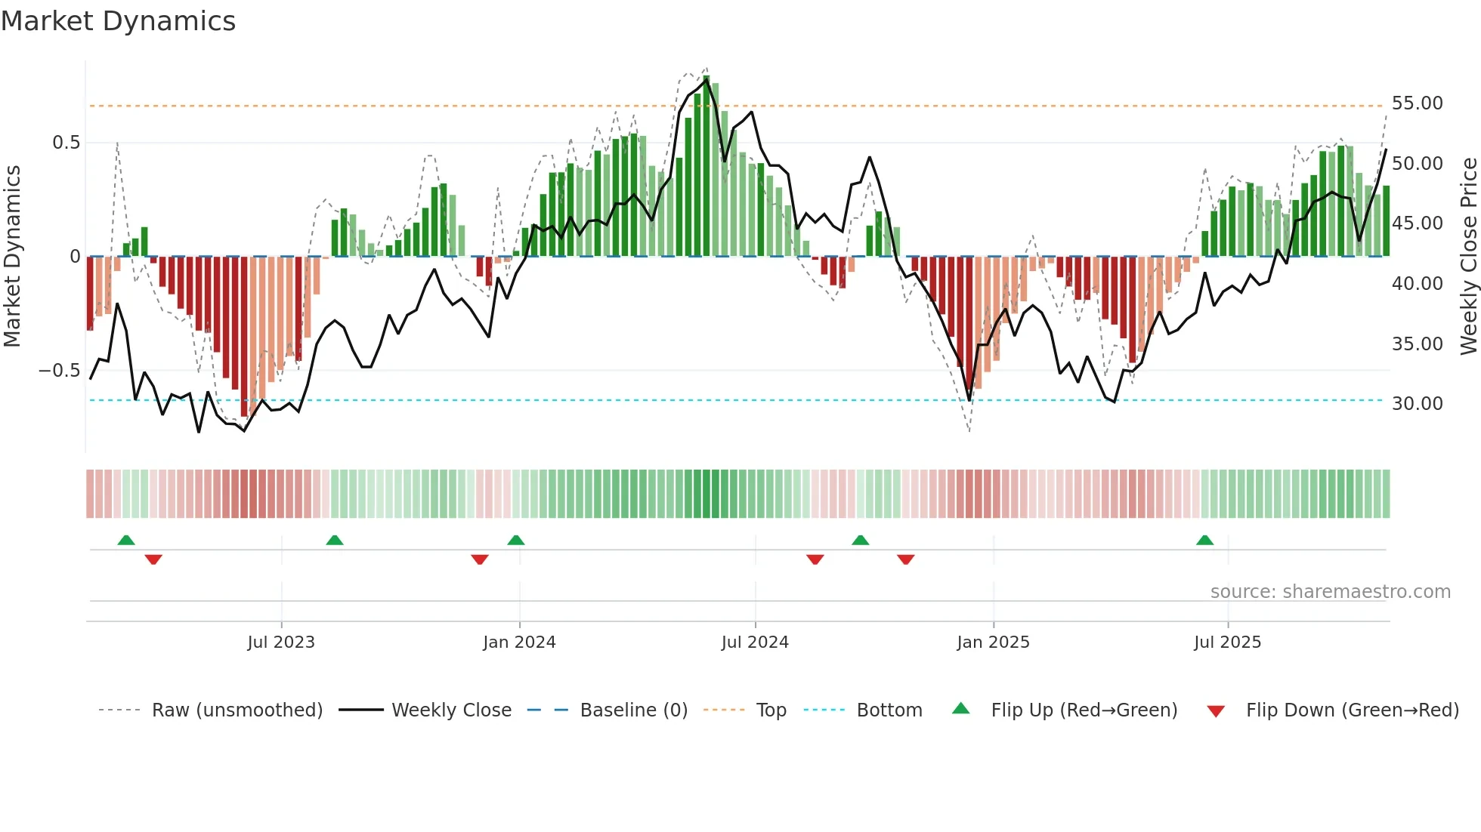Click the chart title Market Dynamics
coord(119,21)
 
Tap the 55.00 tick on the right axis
coord(1417,103)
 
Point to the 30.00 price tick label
coord(1417,404)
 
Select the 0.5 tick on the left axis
coord(66,143)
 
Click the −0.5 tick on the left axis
coord(60,371)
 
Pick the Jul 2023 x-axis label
coord(281,642)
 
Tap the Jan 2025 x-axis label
coord(993,642)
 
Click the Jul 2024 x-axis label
coord(755,642)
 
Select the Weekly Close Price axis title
coord(1468,257)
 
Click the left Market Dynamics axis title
coord(12,257)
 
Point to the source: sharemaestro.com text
coord(1330,592)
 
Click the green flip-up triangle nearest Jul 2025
coord(1204,541)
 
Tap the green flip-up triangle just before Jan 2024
coord(516,541)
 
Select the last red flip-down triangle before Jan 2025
coord(906,559)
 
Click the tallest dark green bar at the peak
coord(706,166)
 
